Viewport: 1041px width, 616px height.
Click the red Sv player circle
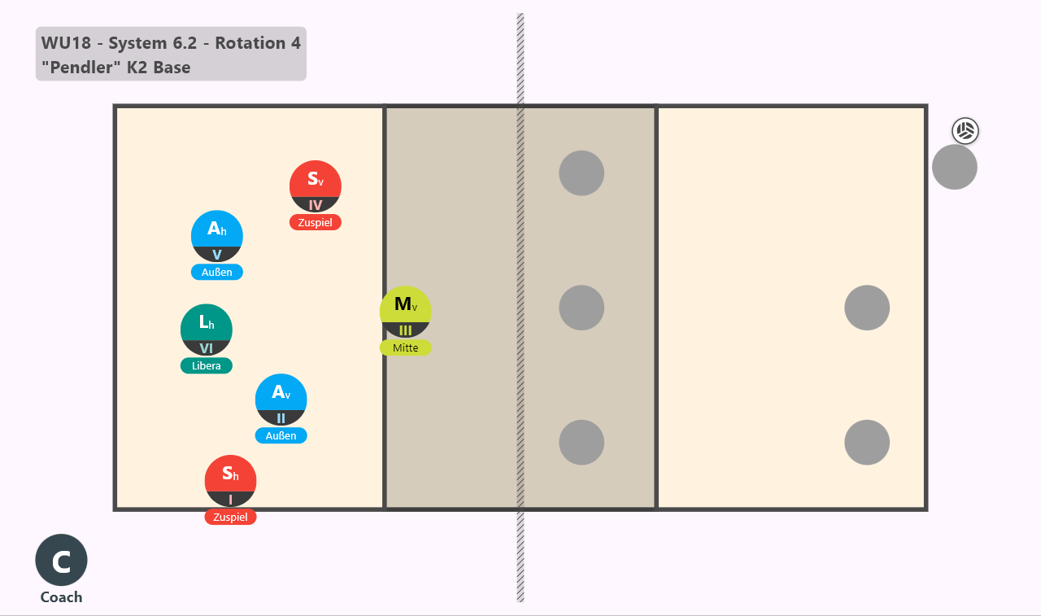(x=315, y=186)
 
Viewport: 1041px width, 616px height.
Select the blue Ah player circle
(x=216, y=236)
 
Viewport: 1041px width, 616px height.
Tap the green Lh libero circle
(x=207, y=330)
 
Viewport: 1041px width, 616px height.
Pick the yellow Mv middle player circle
(x=405, y=312)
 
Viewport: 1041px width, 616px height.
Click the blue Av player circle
(x=281, y=400)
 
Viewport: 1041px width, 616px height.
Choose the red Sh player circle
(x=230, y=481)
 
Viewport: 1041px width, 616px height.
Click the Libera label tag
(x=207, y=366)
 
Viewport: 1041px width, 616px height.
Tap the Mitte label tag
(x=405, y=347)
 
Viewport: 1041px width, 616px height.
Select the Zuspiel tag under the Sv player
(x=315, y=223)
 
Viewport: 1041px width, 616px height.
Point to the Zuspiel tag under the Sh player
(x=230, y=517)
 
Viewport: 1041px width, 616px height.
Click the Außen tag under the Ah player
(x=216, y=273)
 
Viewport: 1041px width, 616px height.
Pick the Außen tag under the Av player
(x=281, y=436)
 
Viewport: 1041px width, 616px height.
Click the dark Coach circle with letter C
(x=61, y=560)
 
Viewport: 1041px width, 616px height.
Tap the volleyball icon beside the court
(x=965, y=131)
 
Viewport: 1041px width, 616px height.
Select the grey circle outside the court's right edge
(x=955, y=167)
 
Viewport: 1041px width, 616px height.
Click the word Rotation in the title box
(x=250, y=43)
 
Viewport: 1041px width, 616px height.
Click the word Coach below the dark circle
(x=61, y=597)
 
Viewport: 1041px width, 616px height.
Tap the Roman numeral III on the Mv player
(x=405, y=330)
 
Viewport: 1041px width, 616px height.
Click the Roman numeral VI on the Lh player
(x=207, y=348)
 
